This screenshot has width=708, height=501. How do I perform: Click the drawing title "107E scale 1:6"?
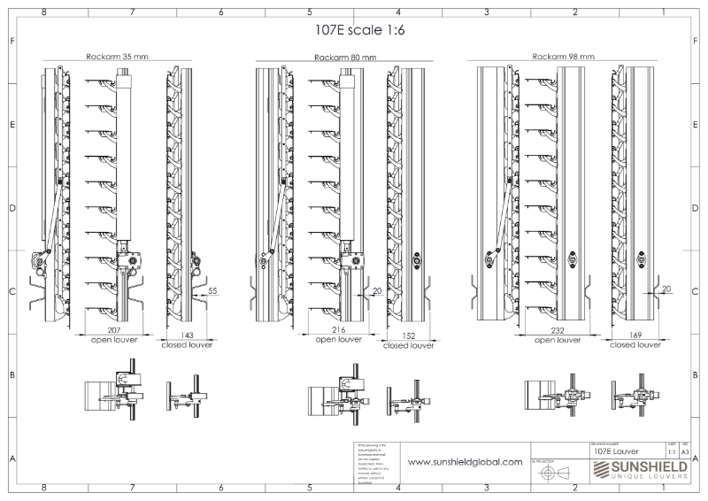(353, 29)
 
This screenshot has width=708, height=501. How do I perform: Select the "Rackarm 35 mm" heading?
(117, 56)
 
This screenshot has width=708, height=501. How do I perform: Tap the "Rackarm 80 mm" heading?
(344, 57)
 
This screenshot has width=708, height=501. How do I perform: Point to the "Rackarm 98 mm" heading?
(563, 56)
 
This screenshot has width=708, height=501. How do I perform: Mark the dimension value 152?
(408, 337)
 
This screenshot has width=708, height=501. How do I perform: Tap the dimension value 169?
(635, 336)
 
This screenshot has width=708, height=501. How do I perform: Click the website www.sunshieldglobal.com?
(464, 462)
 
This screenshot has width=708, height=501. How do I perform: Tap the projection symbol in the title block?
(549, 474)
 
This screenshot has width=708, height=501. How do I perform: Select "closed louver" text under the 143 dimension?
(186, 346)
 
